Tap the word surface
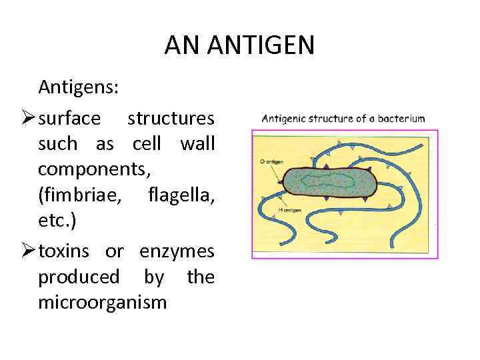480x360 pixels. (x=70, y=118)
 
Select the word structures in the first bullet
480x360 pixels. (x=171, y=118)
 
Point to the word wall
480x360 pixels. (x=197, y=143)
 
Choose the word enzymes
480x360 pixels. (x=177, y=251)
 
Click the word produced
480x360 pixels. (x=79, y=277)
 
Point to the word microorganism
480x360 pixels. (x=103, y=303)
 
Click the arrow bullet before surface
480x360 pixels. (x=29, y=119)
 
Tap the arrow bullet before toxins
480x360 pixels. (x=29, y=252)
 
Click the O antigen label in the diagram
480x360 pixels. (x=267, y=161)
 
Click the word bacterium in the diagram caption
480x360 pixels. (x=401, y=119)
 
